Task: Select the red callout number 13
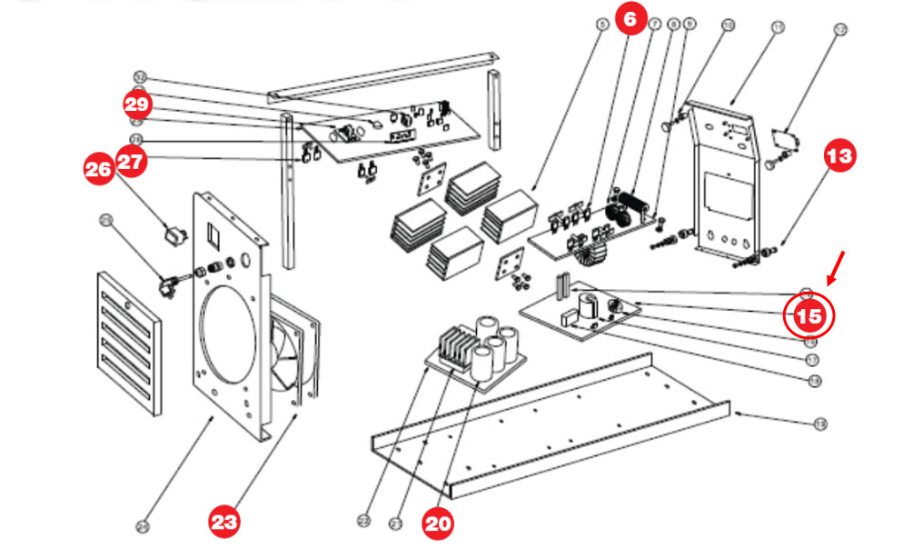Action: pyautogui.click(x=840, y=155)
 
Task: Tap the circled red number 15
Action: pyautogui.click(x=809, y=316)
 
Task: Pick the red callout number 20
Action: pyautogui.click(x=439, y=523)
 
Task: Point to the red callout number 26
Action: pyautogui.click(x=99, y=168)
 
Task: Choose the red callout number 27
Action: pyautogui.click(x=132, y=162)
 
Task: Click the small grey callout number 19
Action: pyautogui.click(x=820, y=423)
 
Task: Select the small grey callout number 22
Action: pyautogui.click(x=363, y=521)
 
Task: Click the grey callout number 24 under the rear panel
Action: pyautogui.click(x=142, y=524)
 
